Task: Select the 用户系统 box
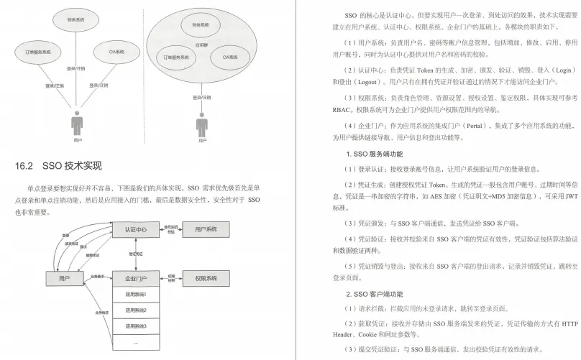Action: [x=206, y=230]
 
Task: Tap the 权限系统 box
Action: [x=206, y=277]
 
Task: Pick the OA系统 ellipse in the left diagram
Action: [x=114, y=52]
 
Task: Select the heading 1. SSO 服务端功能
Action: [x=374, y=154]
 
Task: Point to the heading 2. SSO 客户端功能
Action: [x=374, y=293]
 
